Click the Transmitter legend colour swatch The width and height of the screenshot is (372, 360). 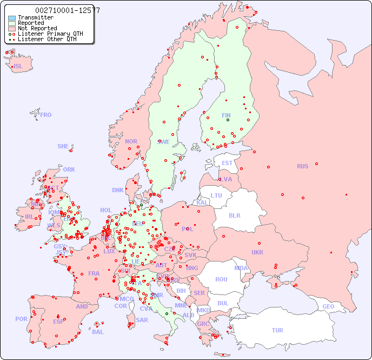coord(12,18)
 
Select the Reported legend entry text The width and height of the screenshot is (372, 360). coord(31,23)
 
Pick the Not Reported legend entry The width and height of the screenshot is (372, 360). coord(37,29)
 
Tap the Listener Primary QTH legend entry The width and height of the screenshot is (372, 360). coord(50,34)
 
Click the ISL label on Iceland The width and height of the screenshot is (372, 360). coord(18,67)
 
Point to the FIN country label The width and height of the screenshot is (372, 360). coord(226,115)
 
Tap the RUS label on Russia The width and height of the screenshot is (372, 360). coord(302,166)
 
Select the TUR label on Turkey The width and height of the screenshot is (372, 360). coord(277,330)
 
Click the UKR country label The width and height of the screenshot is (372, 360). coord(257,252)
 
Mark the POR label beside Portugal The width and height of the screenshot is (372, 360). coord(21,319)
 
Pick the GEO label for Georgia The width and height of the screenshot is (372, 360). coord(328,306)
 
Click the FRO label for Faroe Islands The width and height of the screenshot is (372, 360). coord(46,115)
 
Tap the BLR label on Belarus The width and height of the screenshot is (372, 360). coord(234,215)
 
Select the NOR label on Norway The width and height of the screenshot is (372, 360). coord(131,141)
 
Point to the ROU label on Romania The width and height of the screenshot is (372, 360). coord(221,279)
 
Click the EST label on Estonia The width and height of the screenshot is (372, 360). coord(227,163)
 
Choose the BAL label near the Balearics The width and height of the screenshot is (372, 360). coord(98,332)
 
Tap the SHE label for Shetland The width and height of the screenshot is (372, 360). coord(63,146)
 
